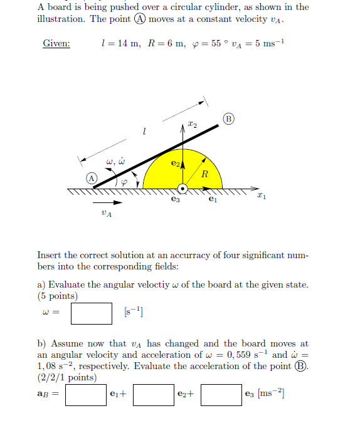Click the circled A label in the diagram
pos(92,178)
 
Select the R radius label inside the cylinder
pos(204,174)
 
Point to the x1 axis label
pos(262,197)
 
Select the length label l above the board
pos(145,131)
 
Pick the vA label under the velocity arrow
pos(107,214)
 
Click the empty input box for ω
pos(91,313)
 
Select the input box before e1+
pos(86,395)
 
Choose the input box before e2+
pos(153,395)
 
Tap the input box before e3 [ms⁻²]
pos(221,395)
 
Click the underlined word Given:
pos(56,44)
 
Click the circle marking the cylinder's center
pos(183,188)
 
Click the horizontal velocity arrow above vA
pos(107,202)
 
